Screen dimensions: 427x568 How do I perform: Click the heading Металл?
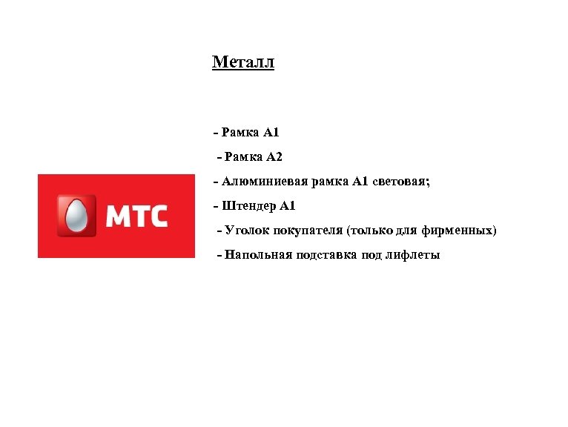point(242,62)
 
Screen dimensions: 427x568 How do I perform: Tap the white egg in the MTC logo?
point(75,216)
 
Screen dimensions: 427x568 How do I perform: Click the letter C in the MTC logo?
point(158,216)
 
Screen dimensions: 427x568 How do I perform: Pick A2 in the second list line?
point(274,157)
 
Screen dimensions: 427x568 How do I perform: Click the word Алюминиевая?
point(254,181)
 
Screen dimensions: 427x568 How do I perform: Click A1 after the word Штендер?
point(287,205)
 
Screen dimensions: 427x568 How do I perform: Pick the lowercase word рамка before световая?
point(323,181)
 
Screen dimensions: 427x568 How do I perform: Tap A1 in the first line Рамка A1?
point(271,133)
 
